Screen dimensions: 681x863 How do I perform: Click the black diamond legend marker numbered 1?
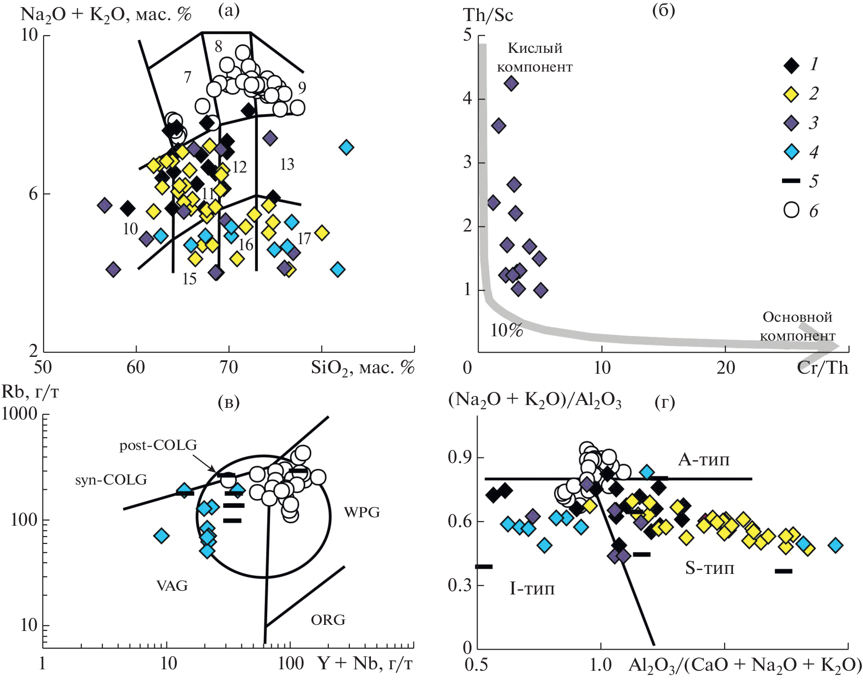coord(791,65)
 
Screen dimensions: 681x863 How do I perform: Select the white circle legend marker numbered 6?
coord(791,210)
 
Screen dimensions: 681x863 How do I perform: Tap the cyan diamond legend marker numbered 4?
coord(791,152)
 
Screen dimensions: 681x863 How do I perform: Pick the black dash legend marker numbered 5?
coord(791,181)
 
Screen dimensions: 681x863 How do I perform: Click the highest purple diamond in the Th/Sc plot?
coord(511,84)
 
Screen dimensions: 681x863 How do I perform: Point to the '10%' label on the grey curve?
coord(507,330)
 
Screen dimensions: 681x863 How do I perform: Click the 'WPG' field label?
coord(362,512)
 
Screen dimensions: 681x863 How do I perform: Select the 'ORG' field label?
coord(328,620)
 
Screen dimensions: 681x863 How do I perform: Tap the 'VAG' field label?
coord(172,586)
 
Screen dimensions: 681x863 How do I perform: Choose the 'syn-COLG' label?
coord(111,479)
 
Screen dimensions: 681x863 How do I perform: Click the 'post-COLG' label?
coord(158,445)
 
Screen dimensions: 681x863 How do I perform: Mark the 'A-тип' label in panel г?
coord(703,460)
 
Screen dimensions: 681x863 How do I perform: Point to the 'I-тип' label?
coord(532,588)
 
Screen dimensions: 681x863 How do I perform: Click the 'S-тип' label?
coord(710,568)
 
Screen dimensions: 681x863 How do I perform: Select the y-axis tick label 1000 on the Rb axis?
coord(20,413)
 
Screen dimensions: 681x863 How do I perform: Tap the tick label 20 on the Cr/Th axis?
coord(725,368)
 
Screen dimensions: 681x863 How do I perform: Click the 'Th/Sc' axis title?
coord(488,15)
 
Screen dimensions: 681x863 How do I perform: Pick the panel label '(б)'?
coord(663,10)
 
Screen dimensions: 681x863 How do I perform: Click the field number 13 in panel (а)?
coord(287,165)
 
